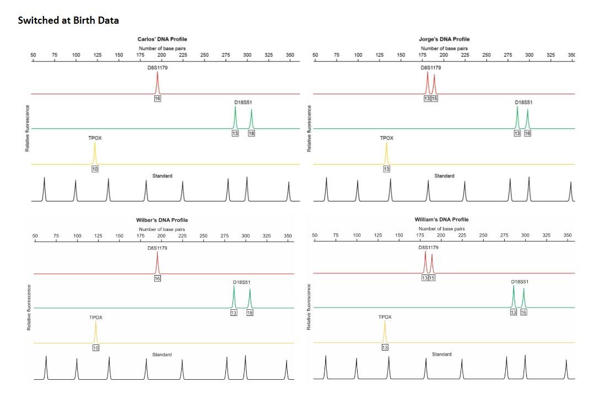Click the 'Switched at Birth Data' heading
[x=68, y=20]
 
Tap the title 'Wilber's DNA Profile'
[x=161, y=220]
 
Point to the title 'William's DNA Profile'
[x=441, y=219]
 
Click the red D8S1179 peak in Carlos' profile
[x=158, y=83]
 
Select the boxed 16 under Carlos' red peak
[x=158, y=98]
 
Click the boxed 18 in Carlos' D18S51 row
[x=251, y=133]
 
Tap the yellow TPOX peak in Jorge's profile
[x=386, y=153]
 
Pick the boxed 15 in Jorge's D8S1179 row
[x=434, y=98]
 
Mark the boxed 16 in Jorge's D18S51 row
[x=527, y=133]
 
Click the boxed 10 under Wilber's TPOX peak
[x=96, y=348]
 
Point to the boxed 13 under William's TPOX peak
[x=385, y=347]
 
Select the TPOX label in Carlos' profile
[x=95, y=138]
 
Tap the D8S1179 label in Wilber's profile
[x=157, y=248]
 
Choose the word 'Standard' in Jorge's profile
[x=444, y=176]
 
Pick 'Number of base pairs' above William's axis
[x=441, y=228]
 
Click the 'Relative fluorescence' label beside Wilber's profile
[x=29, y=307]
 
